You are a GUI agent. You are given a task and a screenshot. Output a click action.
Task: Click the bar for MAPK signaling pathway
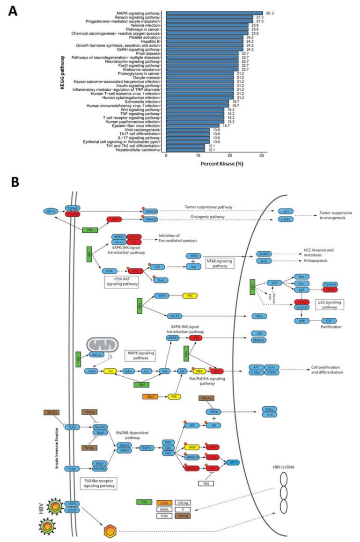click(x=214, y=13)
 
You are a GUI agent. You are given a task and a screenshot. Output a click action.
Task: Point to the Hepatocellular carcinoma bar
click(x=185, y=149)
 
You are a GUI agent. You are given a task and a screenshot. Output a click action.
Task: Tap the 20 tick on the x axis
click(x=229, y=155)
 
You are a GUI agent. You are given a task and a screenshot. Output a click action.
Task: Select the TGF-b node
click(x=50, y=211)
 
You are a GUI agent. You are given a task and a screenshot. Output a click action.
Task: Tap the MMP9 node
click(x=263, y=254)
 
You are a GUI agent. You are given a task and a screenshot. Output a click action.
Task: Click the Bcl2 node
click(x=263, y=261)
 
